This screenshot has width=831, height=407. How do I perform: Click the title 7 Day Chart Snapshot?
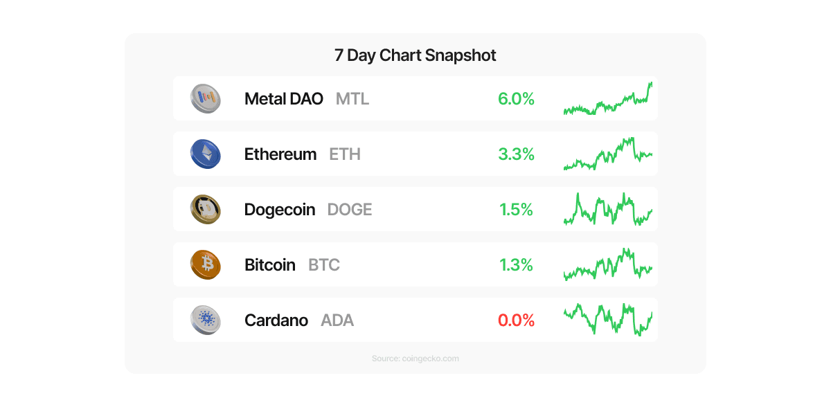tap(415, 55)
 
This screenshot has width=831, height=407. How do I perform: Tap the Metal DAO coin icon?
tap(205, 98)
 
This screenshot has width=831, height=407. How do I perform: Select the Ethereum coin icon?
tap(205, 154)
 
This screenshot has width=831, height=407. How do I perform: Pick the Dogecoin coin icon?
tap(205, 209)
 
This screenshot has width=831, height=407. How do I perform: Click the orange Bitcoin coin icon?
tap(205, 264)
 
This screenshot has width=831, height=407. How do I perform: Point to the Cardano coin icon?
tap(205, 320)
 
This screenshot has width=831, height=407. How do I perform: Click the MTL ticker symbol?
tap(352, 99)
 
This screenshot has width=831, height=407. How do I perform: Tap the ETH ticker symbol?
tap(344, 154)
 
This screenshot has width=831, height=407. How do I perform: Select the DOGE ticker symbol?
tap(349, 210)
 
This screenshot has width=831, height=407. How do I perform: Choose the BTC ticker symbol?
tap(323, 265)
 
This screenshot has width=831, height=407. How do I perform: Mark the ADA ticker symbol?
tap(337, 320)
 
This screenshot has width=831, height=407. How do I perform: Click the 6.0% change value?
tap(516, 99)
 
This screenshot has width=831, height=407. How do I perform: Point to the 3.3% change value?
tap(516, 154)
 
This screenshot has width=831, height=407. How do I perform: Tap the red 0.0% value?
tap(516, 320)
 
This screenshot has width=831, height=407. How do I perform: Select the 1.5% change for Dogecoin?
tap(516, 210)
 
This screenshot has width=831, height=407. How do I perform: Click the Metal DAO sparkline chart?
tap(607, 101)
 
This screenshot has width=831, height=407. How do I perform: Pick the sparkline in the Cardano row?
tap(607, 319)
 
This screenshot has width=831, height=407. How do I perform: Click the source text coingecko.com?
tap(415, 359)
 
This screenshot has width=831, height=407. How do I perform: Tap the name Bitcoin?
tap(269, 265)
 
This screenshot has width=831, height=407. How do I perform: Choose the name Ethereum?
tap(280, 154)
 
